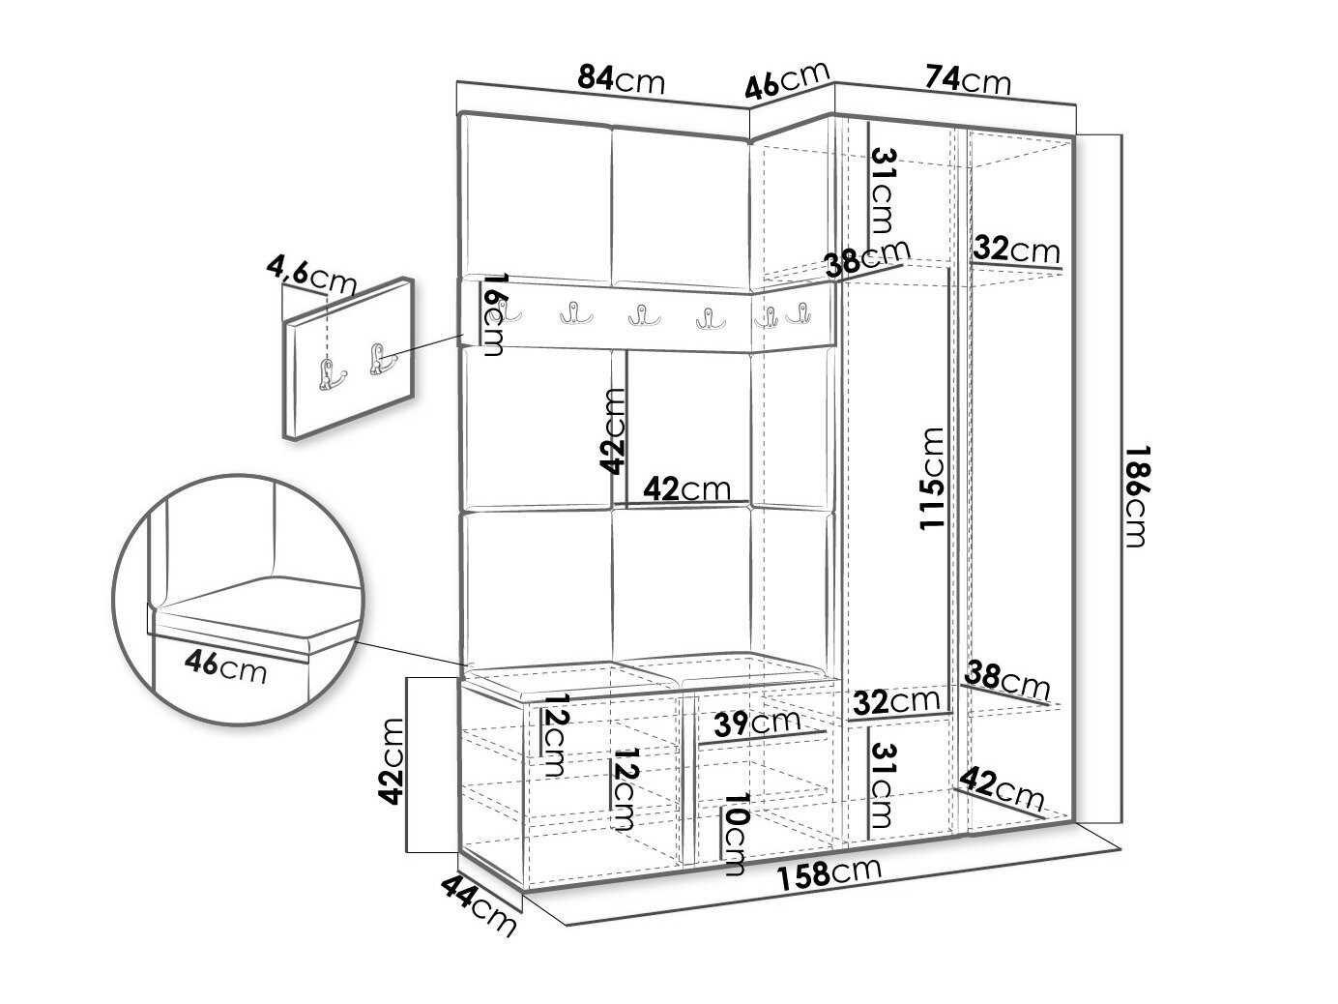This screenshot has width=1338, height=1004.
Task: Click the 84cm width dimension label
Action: [621, 79]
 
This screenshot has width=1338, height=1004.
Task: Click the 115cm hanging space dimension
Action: [931, 479]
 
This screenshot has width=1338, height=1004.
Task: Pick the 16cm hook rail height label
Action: [492, 315]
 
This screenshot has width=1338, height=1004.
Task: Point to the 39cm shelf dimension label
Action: [757, 723]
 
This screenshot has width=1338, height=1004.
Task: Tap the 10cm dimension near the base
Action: [734, 834]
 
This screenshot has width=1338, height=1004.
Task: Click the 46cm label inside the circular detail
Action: [225, 666]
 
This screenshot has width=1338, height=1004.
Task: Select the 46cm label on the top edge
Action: [787, 80]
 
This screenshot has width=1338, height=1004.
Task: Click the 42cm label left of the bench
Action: [391, 762]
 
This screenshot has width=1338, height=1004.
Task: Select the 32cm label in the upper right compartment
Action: [1016, 249]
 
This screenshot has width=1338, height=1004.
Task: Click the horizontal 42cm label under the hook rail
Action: [687, 488]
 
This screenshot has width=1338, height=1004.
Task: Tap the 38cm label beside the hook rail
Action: [867, 258]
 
